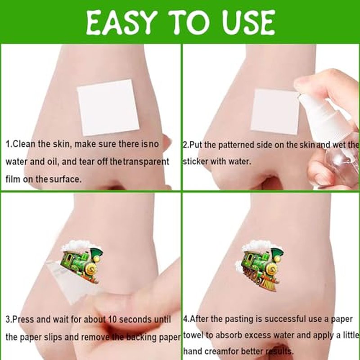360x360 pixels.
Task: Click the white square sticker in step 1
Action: click(108, 108)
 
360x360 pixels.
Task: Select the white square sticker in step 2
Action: click(274, 112)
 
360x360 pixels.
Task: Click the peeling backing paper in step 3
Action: click(67, 283)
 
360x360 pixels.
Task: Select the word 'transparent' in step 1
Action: click(146, 162)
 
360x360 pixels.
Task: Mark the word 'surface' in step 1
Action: click(65, 179)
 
